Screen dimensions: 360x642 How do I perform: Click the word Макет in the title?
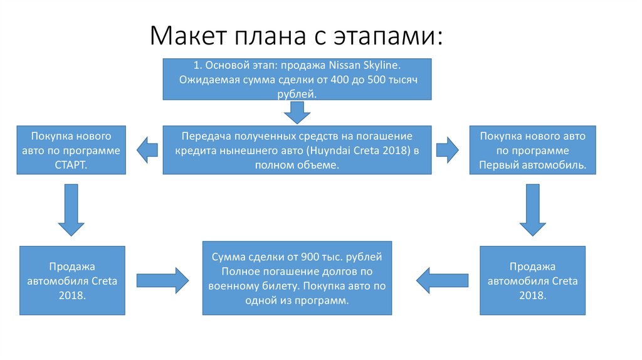tap(186, 36)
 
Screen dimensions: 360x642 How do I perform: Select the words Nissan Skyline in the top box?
tap(369, 66)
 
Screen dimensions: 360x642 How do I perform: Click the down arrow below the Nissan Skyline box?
tap(297, 113)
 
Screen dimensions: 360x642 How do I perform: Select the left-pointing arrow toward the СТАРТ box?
tap(145, 150)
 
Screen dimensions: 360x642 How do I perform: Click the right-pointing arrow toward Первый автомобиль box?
tap(448, 150)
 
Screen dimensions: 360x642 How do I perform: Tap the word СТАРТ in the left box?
tap(71, 164)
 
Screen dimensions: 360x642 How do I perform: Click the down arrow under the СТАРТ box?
tap(71, 210)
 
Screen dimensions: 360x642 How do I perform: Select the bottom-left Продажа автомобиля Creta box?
tap(72, 280)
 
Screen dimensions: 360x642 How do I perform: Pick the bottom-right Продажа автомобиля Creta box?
tap(532, 280)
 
